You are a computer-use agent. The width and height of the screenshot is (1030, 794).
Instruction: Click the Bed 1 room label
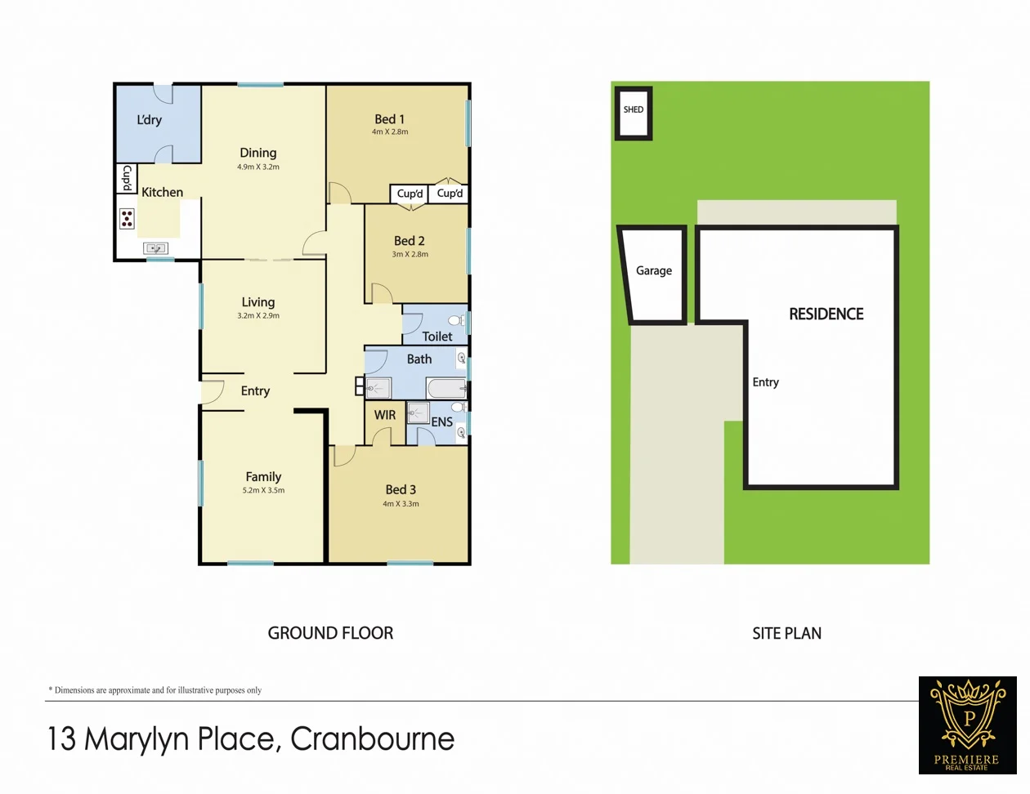(x=389, y=119)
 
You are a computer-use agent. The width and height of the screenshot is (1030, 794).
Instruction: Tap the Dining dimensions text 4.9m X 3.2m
(x=258, y=167)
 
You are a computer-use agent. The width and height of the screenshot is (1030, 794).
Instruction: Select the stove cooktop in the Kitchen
(x=127, y=218)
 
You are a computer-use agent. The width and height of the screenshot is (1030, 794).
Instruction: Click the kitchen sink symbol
(x=155, y=248)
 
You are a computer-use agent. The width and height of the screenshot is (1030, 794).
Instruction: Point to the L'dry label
(x=149, y=120)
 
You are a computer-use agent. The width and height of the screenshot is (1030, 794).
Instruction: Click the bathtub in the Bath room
(x=446, y=388)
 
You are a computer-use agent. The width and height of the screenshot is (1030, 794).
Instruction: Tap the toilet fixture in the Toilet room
(x=456, y=320)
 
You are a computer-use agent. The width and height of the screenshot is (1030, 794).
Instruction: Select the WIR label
(x=385, y=415)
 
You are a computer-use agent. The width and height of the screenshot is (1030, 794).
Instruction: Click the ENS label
(x=441, y=422)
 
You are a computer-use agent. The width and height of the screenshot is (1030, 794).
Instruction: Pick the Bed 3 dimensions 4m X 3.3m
(x=401, y=504)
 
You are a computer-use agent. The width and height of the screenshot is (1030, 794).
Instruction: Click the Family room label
(x=263, y=477)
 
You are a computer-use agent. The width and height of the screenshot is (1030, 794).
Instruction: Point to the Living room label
(x=258, y=302)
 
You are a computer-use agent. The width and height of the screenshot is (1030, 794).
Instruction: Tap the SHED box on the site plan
(x=634, y=113)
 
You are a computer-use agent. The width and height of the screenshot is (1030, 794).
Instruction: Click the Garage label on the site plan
(x=654, y=271)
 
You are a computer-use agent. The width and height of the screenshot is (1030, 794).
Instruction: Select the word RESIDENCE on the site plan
(x=826, y=314)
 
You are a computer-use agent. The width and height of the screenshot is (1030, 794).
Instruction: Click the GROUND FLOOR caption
(x=330, y=633)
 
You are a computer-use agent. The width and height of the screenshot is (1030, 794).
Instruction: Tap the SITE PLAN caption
(x=786, y=633)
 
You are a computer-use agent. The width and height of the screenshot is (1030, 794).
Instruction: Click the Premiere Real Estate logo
(x=967, y=725)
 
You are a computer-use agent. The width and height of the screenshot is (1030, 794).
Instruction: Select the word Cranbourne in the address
(x=372, y=739)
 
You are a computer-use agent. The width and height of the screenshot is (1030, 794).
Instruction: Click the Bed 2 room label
(x=409, y=241)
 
